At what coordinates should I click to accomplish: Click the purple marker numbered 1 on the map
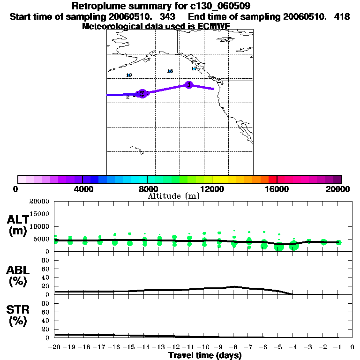(x=189, y=85)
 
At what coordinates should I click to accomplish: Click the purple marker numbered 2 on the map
(x=142, y=93)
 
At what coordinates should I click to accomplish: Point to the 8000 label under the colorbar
(x=147, y=189)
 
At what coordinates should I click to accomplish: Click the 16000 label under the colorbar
(x=277, y=189)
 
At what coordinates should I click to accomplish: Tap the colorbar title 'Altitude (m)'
(x=173, y=196)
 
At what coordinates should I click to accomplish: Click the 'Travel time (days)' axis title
(x=205, y=355)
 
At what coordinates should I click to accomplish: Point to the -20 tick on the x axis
(x=55, y=347)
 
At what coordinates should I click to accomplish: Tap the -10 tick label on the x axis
(x=204, y=347)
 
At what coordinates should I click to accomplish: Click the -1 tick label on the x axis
(x=338, y=347)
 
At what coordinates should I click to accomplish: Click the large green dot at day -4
(x=294, y=246)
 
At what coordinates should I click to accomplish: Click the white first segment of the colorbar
(x=22, y=179)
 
